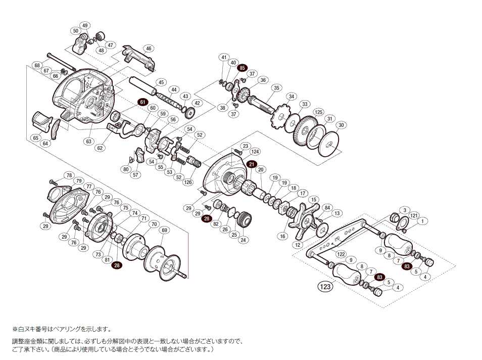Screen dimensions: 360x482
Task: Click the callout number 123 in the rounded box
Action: [x=325, y=287]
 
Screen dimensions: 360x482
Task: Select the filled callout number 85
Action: [x=243, y=68]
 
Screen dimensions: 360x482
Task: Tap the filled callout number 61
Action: [x=142, y=102]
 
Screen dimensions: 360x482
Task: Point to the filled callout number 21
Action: [x=252, y=163]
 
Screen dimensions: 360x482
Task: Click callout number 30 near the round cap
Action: [x=341, y=125]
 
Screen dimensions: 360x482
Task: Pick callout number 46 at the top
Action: [x=148, y=49]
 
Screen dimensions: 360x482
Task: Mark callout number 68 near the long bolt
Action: [x=37, y=65]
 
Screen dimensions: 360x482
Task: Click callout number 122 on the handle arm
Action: [x=341, y=254]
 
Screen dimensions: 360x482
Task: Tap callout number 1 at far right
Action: [x=423, y=220]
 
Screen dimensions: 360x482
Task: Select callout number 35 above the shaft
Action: [x=276, y=87]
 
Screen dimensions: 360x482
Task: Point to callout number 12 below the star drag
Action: [x=298, y=245]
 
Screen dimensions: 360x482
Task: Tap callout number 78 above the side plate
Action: [x=69, y=175]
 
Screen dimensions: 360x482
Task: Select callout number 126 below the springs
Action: [x=188, y=183]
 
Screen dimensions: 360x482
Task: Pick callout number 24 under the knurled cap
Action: [x=244, y=240]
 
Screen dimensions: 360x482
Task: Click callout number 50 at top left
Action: [x=76, y=31]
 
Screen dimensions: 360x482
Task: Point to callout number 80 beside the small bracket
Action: [x=126, y=169]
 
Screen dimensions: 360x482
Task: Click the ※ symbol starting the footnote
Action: [x=15, y=329]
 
